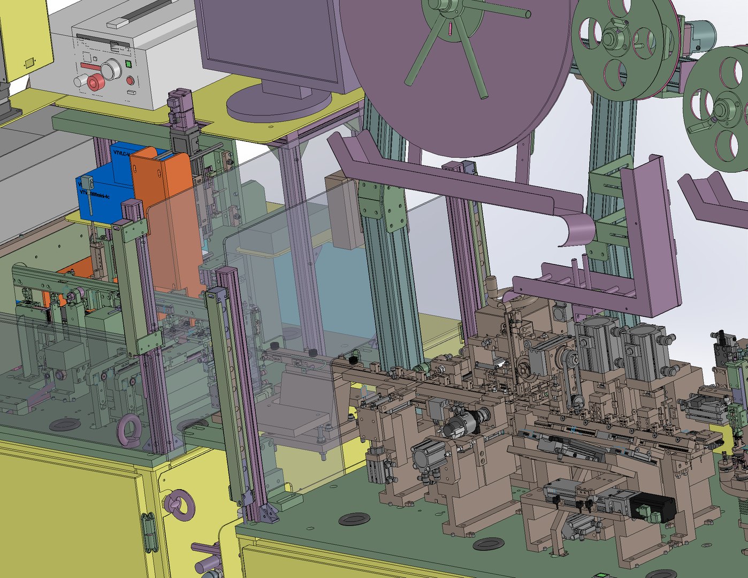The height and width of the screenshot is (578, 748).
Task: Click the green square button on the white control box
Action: click(128, 64)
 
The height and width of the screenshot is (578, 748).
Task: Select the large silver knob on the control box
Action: click(111, 69)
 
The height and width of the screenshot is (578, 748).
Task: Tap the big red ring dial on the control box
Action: click(96, 82)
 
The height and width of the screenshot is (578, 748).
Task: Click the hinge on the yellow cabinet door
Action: click(149, 533)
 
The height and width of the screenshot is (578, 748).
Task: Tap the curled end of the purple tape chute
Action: click(575, 230)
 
